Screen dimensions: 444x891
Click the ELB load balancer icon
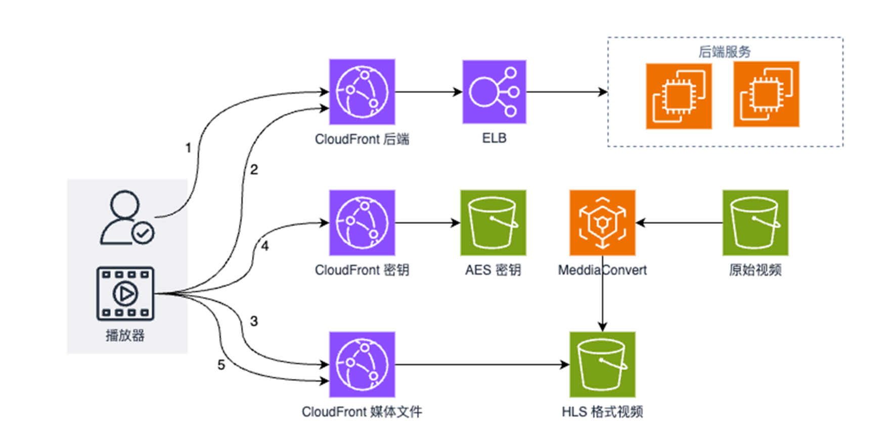[494, 92]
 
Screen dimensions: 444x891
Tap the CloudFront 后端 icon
[362, 92]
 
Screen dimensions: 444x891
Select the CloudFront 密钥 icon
[362, 223]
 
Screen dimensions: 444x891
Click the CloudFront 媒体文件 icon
[362, 364]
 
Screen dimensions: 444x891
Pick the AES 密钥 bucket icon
[493, 223]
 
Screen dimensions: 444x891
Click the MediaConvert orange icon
[602, 223]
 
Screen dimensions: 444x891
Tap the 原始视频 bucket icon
[755, 223]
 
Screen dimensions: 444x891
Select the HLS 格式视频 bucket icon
[602, 364]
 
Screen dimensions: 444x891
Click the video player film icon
[125, 293]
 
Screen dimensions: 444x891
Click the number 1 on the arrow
[188, 148]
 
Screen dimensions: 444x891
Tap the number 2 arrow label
[254, 170]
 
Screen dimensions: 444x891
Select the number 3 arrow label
[254, 322]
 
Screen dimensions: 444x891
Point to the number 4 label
[265, 246]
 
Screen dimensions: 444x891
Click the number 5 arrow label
[221, 365]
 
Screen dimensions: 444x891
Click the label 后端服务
[724, 52]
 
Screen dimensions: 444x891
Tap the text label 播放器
[125, 335]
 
